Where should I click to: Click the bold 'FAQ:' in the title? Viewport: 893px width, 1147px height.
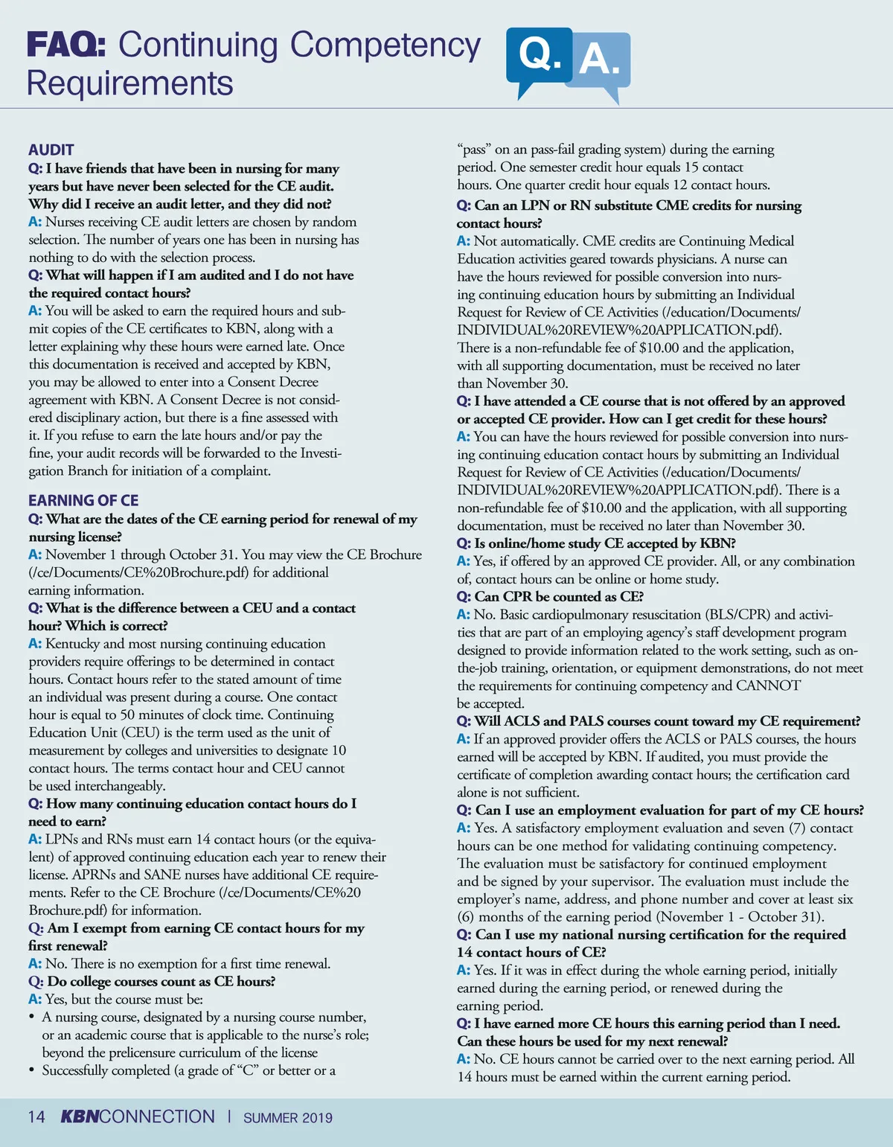click(x=65, y=45)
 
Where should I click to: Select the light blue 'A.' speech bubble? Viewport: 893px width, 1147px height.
click(x=601, y=60)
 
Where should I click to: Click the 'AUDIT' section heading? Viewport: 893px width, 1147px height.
click(x=51, y=150)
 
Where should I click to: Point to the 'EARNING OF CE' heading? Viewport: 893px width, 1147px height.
click(x=83, y=500)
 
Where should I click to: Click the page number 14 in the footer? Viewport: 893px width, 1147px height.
click(x=36, y=1116)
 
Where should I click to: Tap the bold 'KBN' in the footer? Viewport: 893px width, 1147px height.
click(x=79, y=1116)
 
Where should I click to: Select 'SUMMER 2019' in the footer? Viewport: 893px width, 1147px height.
click(x=287, y=1117)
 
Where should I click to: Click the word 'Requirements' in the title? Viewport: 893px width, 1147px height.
click(x=130, y=83)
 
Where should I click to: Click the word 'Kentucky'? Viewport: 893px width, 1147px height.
click(x=72, y=643)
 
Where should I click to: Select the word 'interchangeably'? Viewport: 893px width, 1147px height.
click(x=120, y=786)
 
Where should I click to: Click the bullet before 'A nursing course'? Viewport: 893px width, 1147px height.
click(x=32, y=1017)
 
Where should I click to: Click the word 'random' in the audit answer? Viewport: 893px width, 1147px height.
click(x=336, y=222)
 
